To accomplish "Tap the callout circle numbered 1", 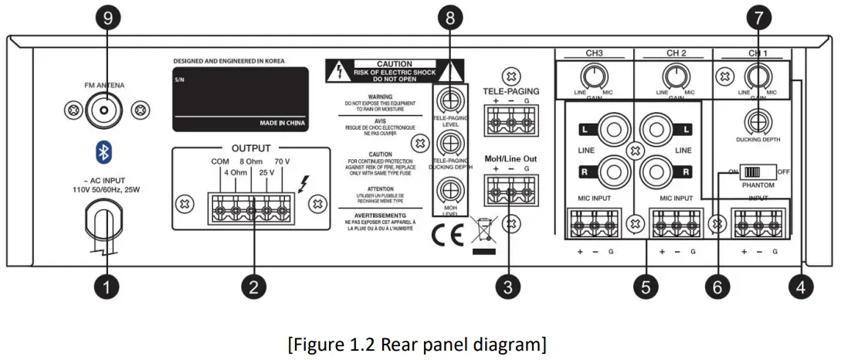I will click(107, 287).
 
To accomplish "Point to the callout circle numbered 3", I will click(507, 287).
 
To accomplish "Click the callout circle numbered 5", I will click(646, 287).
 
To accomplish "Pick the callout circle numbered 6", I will click(717, 287).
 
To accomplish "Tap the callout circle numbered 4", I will click(801, 287).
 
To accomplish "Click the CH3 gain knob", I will click(594, 76).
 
